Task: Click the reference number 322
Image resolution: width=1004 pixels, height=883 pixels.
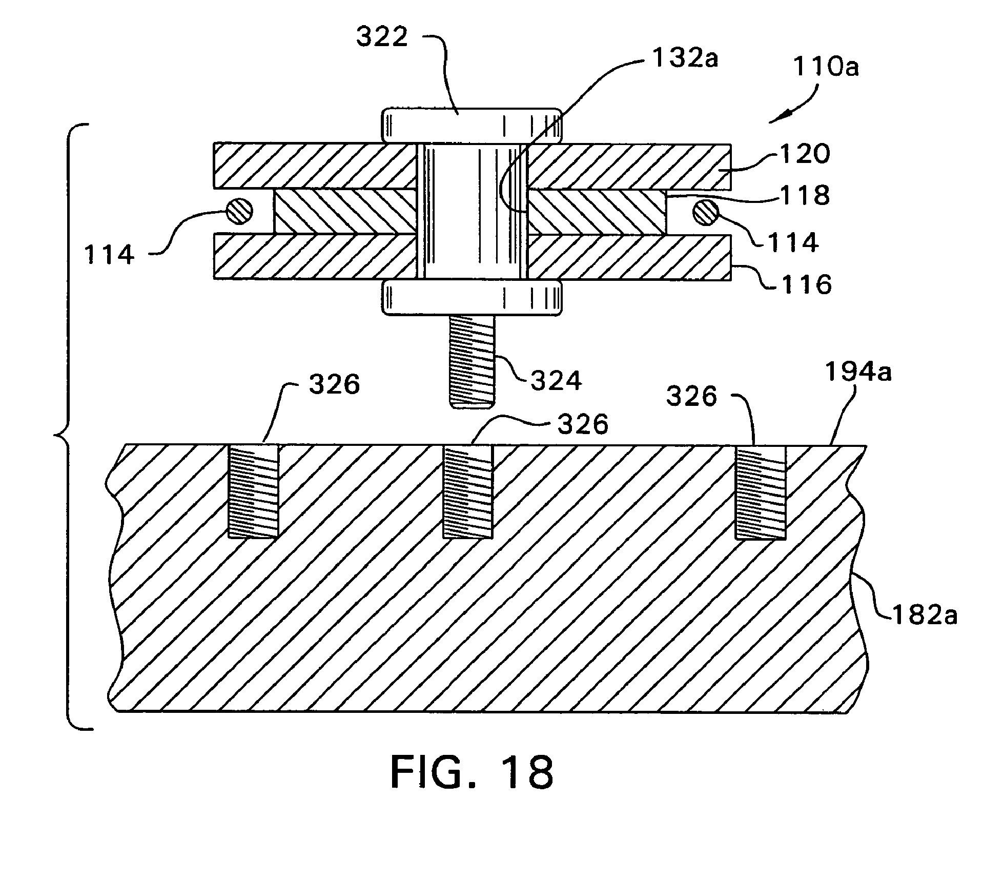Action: pos(382,37)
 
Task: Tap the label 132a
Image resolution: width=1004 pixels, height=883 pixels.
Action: pos(685,58)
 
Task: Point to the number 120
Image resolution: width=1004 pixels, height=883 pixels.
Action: pos(805,153)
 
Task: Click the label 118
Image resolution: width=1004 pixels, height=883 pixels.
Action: pos(805,195)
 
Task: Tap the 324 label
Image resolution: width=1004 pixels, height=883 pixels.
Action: pos(556,380)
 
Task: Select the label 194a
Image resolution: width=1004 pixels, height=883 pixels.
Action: pos(858,372)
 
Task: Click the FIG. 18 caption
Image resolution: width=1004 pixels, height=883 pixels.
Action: pos(472,773)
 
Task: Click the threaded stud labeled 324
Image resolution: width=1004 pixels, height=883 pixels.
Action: pos(471,361)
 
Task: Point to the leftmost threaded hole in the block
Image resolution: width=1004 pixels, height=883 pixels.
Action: pos(254,491)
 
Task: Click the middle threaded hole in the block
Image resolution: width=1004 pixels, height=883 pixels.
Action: pos(468,491)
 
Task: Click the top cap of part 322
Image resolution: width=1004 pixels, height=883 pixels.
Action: pos(471,126)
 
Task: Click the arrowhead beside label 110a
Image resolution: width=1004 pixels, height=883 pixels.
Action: pos(779,117)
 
